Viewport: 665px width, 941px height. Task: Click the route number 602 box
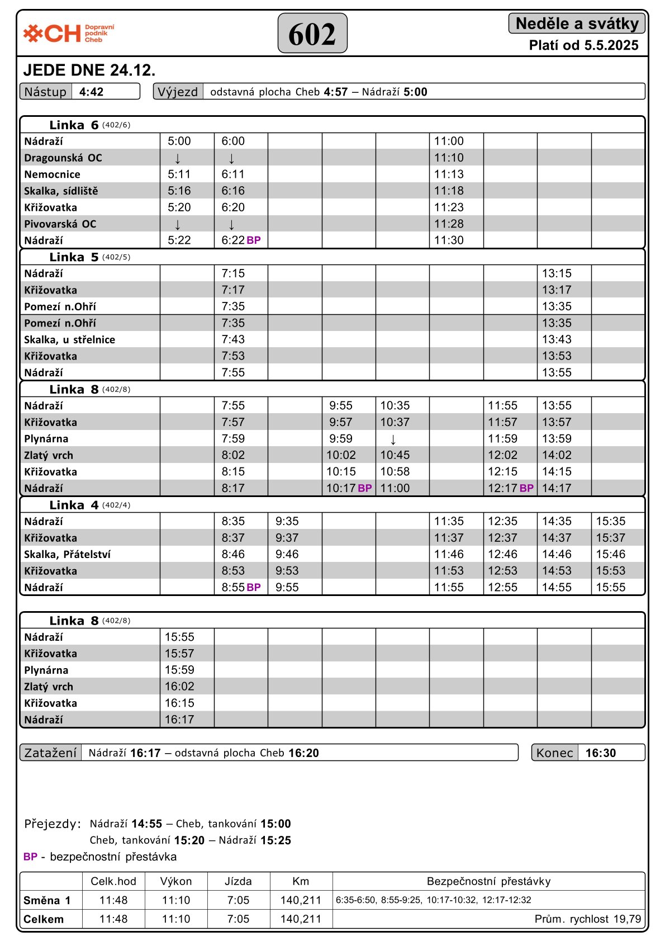[312, 34]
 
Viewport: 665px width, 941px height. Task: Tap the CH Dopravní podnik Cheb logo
[68, 34]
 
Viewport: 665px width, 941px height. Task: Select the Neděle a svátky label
[577, 23]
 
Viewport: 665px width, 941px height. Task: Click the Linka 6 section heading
[74, 125]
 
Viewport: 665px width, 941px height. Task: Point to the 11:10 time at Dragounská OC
[449, 158]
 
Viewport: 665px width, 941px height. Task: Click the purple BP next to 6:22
[254, 240]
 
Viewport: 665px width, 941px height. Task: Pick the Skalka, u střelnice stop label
[69, 339]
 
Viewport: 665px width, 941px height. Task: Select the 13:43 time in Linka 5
[557, 339]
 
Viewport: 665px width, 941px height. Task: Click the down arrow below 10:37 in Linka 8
[393, 439]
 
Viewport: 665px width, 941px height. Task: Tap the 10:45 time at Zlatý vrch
[395, 455]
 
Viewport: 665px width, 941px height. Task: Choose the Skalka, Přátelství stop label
[67, 554]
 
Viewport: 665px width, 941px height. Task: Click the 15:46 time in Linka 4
[610, 554]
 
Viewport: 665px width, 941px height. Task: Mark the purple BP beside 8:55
[254, 588]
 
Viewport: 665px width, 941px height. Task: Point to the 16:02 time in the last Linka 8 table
[179, 687]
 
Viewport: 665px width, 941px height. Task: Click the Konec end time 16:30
[600, 753]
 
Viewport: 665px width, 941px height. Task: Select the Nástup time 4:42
[91, 92]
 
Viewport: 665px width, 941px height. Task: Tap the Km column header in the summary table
[301, 882]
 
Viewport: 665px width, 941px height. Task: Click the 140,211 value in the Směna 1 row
[301, 900]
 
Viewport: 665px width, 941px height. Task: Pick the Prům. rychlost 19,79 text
[587, 919]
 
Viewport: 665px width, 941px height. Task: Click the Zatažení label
[50, 753]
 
